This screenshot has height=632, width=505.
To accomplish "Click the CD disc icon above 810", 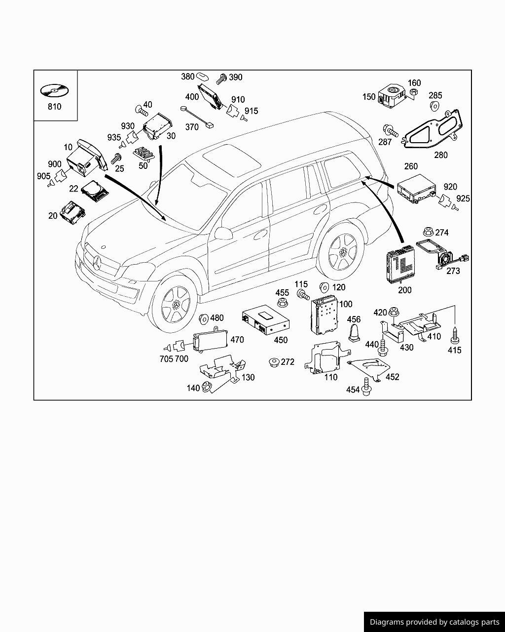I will [x=54, y=91].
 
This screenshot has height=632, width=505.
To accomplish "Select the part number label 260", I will [x=411, y=166].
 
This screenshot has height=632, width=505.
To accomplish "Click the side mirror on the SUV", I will [x=223, y=234].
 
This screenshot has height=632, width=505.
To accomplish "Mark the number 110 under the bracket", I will [x=330, y=377].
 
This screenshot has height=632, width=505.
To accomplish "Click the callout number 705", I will [x=166, y=359].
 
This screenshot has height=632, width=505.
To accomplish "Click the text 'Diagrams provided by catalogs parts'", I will [x=434, y=622].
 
